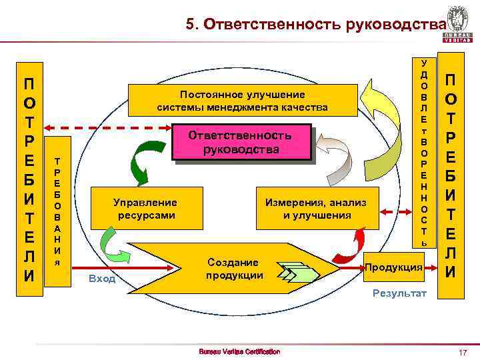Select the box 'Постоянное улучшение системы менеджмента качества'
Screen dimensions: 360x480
pos(243,101)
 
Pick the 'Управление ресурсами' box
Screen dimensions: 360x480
pos(146,209)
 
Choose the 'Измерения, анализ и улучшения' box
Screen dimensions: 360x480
pos(316,209)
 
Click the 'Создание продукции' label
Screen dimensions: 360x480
pos(233,269)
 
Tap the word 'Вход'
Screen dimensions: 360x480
pos(102,278)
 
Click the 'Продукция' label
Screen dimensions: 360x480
pos(393,267)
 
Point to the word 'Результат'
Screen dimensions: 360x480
pos(399,293)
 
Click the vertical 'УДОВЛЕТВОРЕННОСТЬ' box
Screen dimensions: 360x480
pos(423,152)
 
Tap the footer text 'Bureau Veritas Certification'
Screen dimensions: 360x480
pos(240,351)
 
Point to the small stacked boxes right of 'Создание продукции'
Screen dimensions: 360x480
pos(293,271)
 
